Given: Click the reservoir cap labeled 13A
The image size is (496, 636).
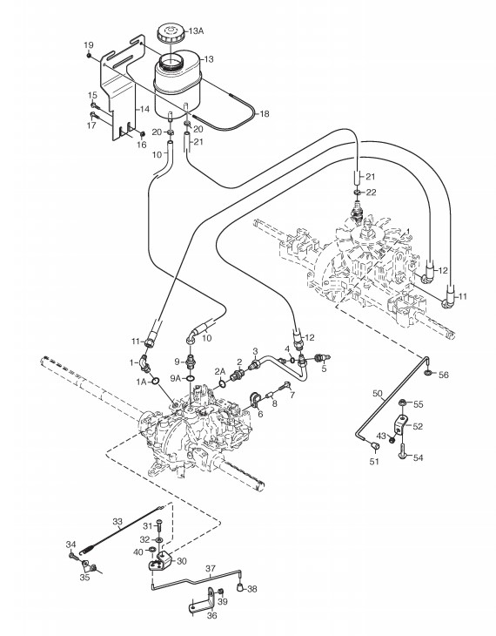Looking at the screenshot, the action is coord(171,33).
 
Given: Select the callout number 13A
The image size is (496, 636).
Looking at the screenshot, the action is coord(196,30).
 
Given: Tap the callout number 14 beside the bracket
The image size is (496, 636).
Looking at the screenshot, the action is coord(144,109).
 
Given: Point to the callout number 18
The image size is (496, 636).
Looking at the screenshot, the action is coord(265,113).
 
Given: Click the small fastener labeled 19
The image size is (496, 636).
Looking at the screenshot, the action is coord(89,56).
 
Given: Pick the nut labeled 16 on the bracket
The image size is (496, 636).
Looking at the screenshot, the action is coord(142,133).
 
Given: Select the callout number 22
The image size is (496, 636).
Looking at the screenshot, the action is coord(372,192).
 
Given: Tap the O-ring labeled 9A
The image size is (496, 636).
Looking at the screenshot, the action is coord(190,378).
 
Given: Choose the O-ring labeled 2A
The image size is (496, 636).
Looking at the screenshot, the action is coord(222,382).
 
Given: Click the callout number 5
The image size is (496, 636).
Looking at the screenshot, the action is coord(324,369).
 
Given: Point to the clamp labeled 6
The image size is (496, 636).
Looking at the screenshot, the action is coord(256,399).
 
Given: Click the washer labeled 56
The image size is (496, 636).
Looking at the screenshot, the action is coord(428,372).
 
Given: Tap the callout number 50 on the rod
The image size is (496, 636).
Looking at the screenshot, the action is coord(378,393).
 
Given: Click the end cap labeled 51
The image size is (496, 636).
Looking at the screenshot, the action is coord(375,446).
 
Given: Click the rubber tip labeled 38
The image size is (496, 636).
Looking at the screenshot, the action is coord(241,587).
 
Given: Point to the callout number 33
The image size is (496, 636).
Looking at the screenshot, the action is coord(117,522).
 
